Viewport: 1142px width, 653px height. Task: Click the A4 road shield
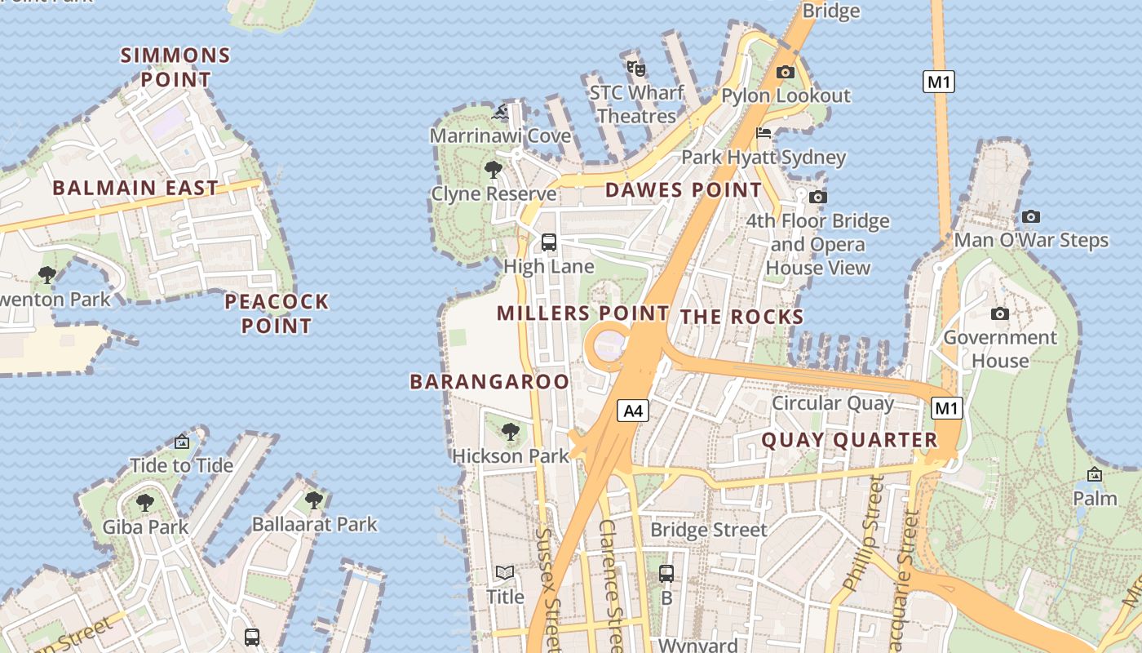pos(633,411)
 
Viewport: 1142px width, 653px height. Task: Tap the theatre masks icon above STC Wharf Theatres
pos(636,68)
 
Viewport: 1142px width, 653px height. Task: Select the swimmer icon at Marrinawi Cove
pos(501,112)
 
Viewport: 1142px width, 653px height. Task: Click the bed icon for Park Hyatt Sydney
pos(764,133)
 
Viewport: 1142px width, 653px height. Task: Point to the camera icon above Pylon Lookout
pos(785,72)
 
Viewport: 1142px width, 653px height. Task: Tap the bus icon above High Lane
pos(549,242)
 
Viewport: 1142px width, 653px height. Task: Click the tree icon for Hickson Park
pos(511,431)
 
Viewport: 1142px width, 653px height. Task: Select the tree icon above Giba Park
pos(145,502)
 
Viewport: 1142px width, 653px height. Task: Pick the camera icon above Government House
pos(999,313)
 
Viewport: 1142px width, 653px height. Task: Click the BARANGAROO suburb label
pos(489,381)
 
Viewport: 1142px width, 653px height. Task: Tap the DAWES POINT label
pos(684,190)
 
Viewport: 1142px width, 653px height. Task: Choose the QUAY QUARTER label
pos(849,440)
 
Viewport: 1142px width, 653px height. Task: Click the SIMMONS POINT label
pos(175,68)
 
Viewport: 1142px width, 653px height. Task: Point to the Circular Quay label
pos(833,403)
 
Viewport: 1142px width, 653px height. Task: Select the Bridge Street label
pos(708,530)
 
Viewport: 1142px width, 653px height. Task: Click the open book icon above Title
pos(505,573)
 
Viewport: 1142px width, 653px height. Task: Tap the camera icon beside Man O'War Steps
pos(1031,216)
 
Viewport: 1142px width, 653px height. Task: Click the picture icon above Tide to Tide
pos(182,442)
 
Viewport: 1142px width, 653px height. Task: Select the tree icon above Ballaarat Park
pos(313,500)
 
